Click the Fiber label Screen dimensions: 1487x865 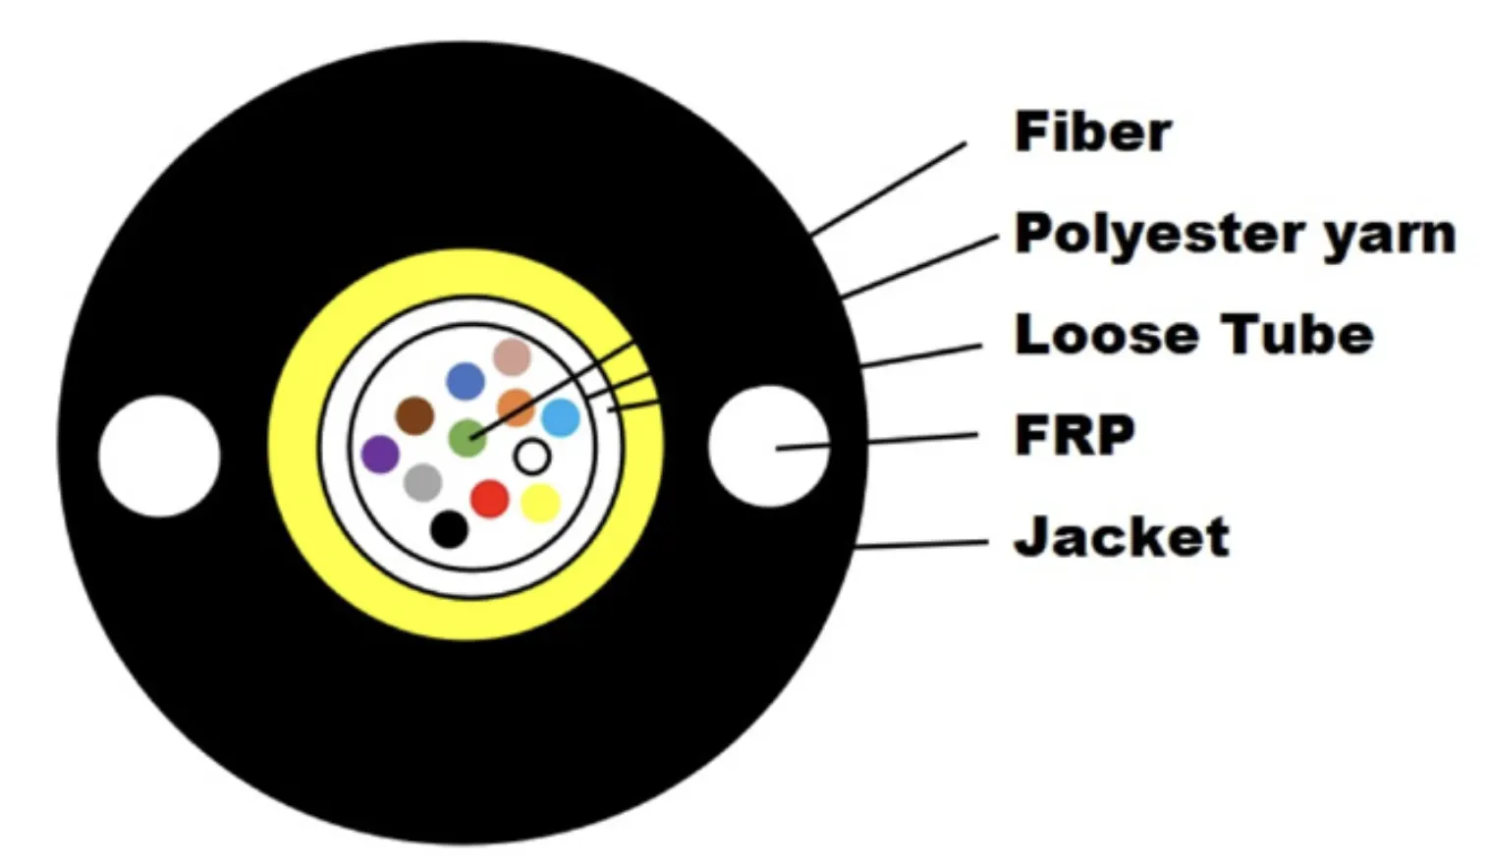click(1093, 133)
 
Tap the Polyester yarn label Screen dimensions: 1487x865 click(1236, 235)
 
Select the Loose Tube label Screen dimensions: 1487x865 click(1193, 335)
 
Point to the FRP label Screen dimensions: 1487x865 click(1074, 435)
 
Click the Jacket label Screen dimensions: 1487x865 click(1122, 536)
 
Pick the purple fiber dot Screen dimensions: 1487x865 click(380, 454)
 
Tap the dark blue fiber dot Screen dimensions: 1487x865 click(466, 381)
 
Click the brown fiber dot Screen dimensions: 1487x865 click(414, 416)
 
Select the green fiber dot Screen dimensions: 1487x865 click(468, 438)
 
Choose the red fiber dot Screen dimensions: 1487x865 click(490, 499)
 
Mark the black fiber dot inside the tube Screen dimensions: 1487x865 click(450, 529)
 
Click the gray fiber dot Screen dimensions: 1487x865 click(423, 483)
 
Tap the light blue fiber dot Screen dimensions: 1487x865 click(561, 417)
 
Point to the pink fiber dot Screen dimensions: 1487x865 click(513, 356)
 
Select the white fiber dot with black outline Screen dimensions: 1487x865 click(532, 457)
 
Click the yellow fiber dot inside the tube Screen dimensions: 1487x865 click(540, 504)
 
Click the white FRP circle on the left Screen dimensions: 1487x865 click(159, 457)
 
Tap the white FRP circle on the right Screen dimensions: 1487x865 click(769, 446)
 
